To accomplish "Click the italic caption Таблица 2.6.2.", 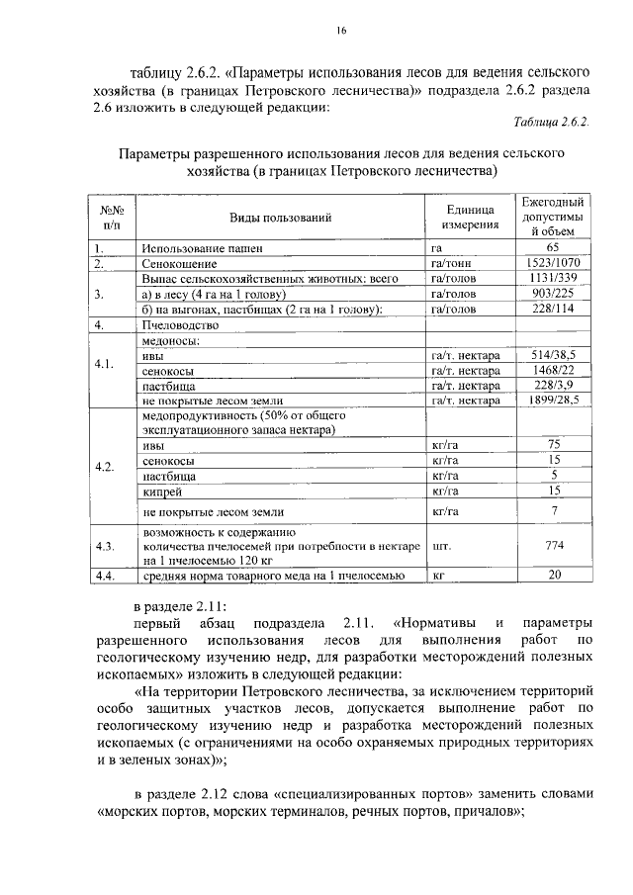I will pos(551,123).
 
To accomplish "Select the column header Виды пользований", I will pos(280,218).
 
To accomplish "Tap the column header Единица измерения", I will pos(469,218).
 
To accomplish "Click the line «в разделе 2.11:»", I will pos(181,605).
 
